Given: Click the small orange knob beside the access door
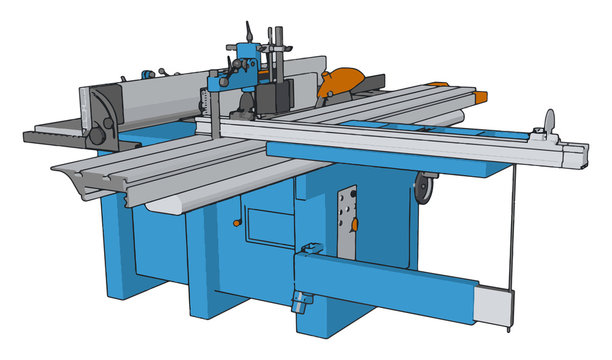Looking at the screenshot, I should click(x=237, y=223).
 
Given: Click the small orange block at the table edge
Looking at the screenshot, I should click(x=481, y=96).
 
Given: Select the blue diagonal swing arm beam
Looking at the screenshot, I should click(x=390, y=280).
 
